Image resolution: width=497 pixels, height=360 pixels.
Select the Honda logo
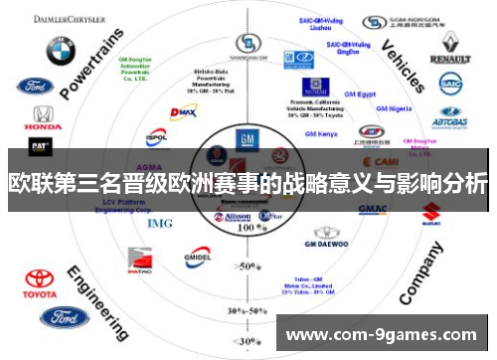pyautogui.click(x=42, y=118)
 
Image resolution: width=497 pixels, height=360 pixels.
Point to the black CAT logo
pyautogui.click(x=40, y=146)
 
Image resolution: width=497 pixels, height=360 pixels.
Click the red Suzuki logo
pyautogui.click(x=431, y=212)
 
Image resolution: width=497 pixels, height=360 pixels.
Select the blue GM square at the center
pyautogui.click(x=247, y=139)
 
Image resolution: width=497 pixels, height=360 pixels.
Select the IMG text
pyautogui.click(x=159, y=223)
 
